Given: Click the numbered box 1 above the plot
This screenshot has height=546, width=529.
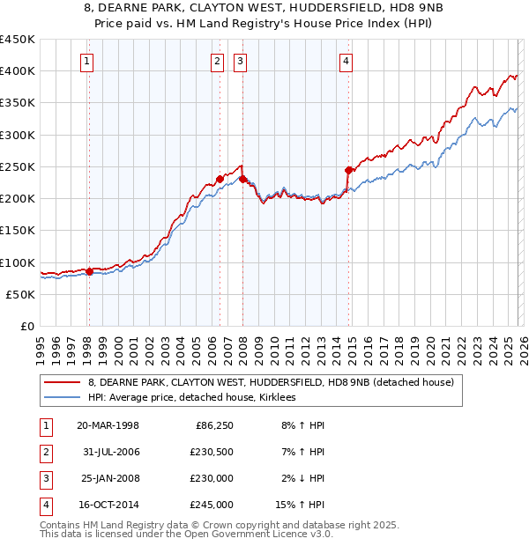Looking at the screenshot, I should pyautogui.click(x=88, y=61).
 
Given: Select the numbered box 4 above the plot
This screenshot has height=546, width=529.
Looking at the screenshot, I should pyautogui.click(x=346, y=61).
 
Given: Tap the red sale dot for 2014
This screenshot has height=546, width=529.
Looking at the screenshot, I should pyautogui.click(x=348, y=170).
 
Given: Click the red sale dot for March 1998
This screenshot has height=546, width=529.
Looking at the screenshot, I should pyautogui.click(x=89, y=271).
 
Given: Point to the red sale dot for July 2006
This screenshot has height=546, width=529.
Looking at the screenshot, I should pyautogui.click(x=220, y=179).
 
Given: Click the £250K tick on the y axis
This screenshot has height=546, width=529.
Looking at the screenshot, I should pyautogui.click(x=18, y=166).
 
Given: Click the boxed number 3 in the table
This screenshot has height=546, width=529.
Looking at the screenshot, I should pyautogui.click(x=45, y=479).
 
